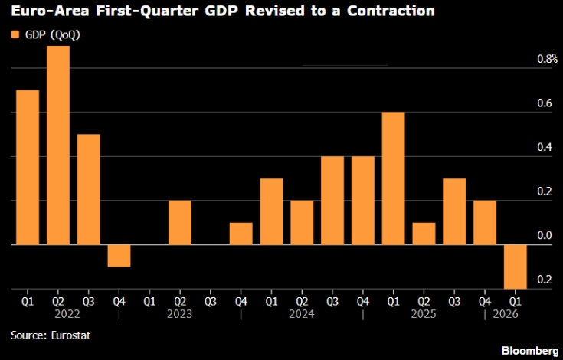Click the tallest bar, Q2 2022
point(58,146)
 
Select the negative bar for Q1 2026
point(516,267)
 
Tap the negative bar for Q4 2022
point(119,256)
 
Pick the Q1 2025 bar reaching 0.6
point(393,178)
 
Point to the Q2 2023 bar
point(180,223)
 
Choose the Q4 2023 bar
point(241,234)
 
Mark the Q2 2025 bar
point(424,234)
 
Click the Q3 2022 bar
point(88,189)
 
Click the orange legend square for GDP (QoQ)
point(15,34)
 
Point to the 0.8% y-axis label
point(547,59)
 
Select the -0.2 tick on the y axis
point(542,280)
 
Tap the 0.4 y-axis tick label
point(545,147)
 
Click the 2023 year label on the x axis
point(179,314)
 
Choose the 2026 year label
point(506,314)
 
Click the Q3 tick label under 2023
point(211,302)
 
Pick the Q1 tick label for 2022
point(28,302)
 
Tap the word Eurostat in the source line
point(70,335)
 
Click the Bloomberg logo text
point(530,351)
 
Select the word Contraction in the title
point(391,11)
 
